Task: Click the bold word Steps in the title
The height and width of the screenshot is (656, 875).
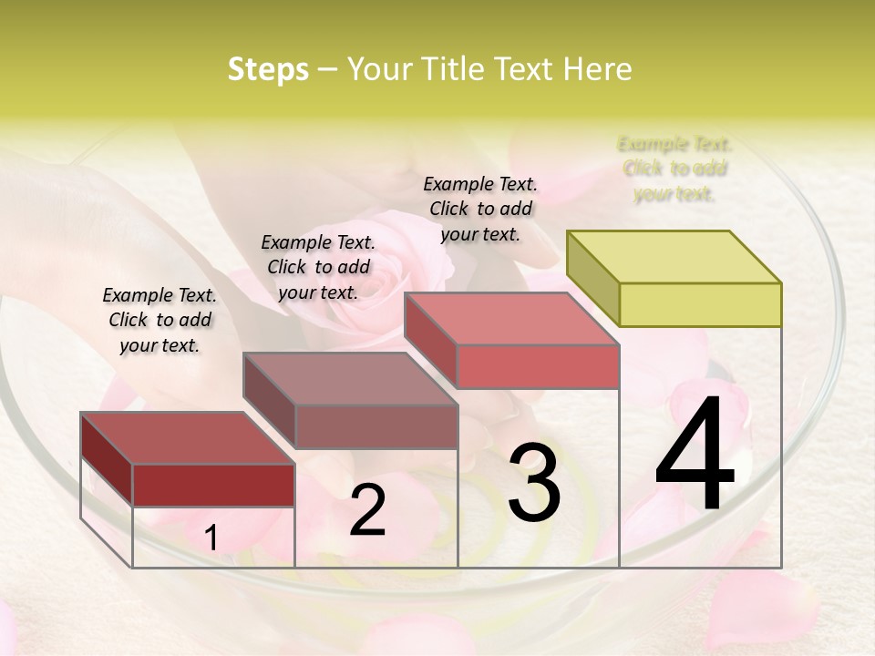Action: click(268, 69)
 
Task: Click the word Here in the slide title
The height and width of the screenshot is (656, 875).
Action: click(597, 69)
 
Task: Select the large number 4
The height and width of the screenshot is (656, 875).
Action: click(695, 456)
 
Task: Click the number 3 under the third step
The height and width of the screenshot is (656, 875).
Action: click(534, 483)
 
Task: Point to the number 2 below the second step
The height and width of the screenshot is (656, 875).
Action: click(368, 510)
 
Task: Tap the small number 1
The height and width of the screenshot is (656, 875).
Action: click(211, 538)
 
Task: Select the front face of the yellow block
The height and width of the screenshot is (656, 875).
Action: click(700, 304)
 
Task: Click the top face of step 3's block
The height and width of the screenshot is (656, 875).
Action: click(511, 319)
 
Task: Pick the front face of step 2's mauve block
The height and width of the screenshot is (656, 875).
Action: click(376, 426)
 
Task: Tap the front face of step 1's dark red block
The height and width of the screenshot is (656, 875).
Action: click(213, 485)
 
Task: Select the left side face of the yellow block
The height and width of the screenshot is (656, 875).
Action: click(592, 278)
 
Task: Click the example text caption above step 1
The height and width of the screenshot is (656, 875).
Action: click(160, 320)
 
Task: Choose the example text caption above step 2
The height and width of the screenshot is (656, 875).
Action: click(318, 267)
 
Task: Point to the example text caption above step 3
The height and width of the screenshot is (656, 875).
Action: click(480, 209)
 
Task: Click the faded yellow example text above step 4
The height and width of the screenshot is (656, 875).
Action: click(674, 169)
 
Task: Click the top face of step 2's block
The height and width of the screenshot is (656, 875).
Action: click(350, 379)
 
